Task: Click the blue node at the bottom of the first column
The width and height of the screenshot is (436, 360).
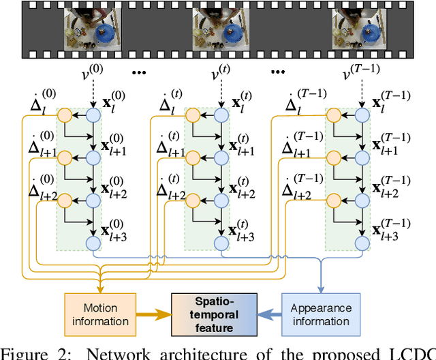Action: [93, 243]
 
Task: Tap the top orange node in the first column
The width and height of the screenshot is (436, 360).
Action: [63, 115]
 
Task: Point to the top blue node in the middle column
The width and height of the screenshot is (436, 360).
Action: [221, 115]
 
